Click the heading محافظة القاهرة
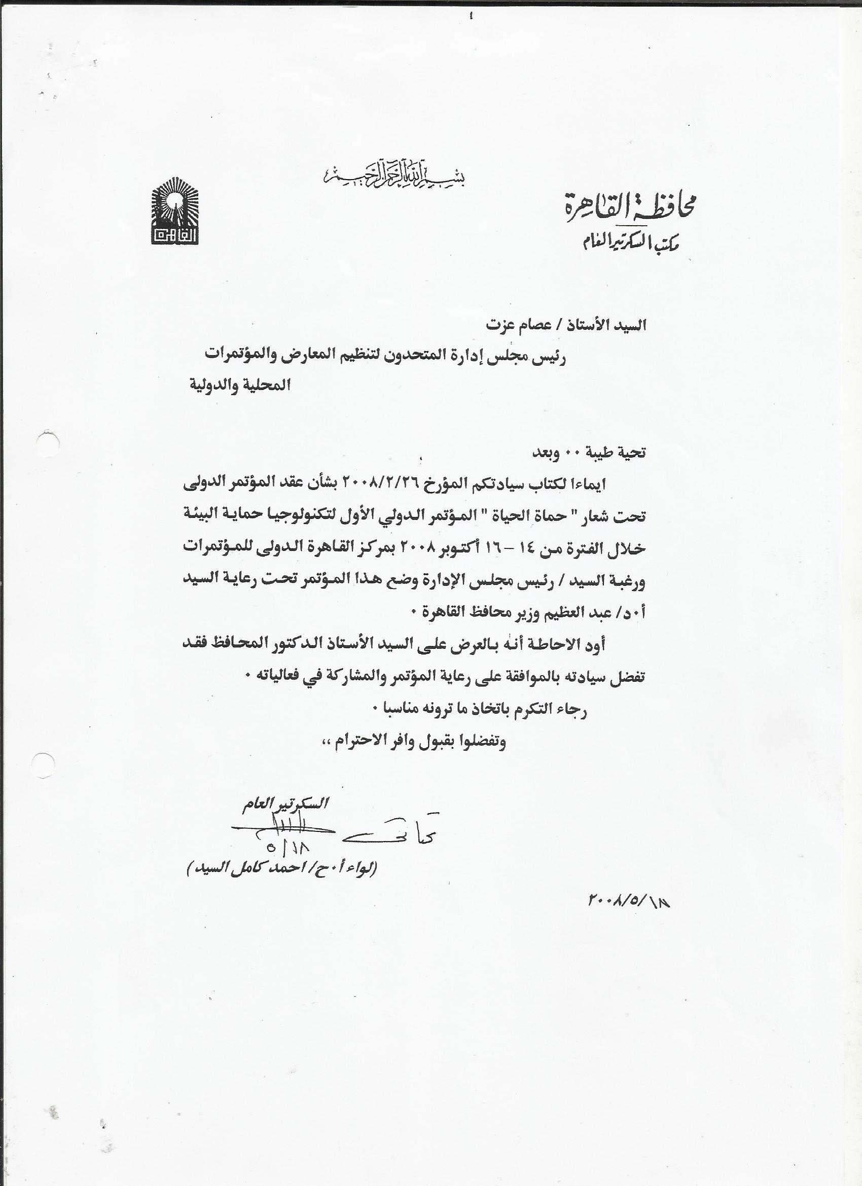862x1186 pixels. [x=639, y=208]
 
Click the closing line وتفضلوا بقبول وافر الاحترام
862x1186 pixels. [x=413, y=742]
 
